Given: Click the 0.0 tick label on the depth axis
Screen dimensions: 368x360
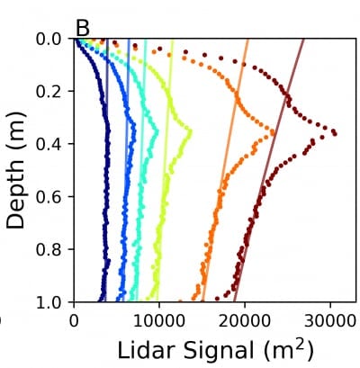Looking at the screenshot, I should (x=51, y=40).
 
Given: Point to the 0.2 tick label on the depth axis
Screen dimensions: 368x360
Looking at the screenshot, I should (x=51, y=92).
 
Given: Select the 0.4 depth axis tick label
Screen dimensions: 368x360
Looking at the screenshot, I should (x=51, y=145).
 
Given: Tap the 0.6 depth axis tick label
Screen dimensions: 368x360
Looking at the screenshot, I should (x=51, y=197).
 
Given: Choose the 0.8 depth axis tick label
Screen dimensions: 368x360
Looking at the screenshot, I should (x=51, y=249).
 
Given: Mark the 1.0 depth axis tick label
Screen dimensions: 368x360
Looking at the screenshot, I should (x=51, y=302).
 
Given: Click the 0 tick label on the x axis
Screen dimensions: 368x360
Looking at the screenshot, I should (x=74, y=318).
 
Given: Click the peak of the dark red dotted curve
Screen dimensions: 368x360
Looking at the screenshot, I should (x=335, y=133).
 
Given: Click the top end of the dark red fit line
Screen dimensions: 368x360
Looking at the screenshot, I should (x=303, y=40).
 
